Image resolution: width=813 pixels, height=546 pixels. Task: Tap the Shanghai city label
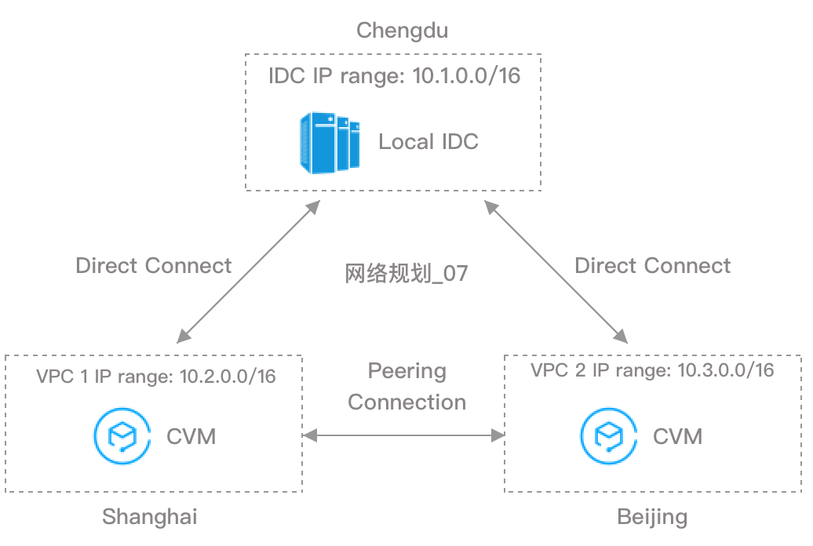149,517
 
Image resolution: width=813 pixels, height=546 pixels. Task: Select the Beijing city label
652,517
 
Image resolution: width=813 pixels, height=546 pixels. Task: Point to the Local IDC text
428,142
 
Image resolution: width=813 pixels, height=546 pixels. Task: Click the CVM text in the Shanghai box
191,435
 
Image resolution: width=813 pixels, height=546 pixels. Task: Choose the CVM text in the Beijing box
678,435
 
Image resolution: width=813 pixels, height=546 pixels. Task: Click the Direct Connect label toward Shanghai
154,265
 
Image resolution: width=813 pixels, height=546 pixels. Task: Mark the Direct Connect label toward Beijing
652,265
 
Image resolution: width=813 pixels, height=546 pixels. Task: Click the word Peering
406,371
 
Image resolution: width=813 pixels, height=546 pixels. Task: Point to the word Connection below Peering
406,402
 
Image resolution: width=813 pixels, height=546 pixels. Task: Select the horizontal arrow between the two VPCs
403,434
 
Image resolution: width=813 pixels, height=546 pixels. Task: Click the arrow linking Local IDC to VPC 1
248,271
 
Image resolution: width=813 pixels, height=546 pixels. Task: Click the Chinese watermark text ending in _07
406,275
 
